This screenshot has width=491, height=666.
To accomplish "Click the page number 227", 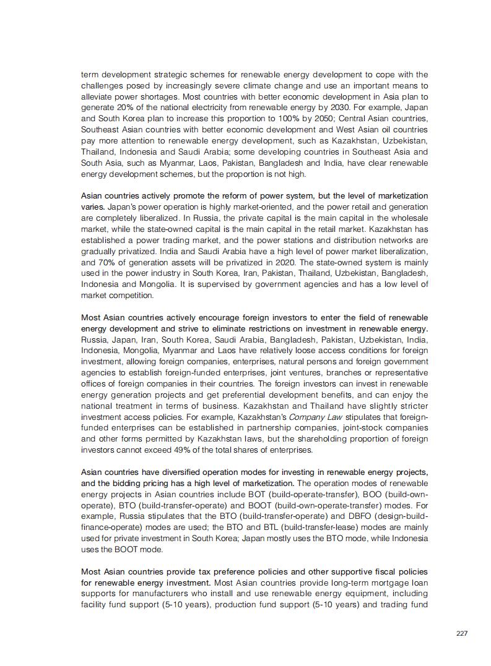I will [461, 633].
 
